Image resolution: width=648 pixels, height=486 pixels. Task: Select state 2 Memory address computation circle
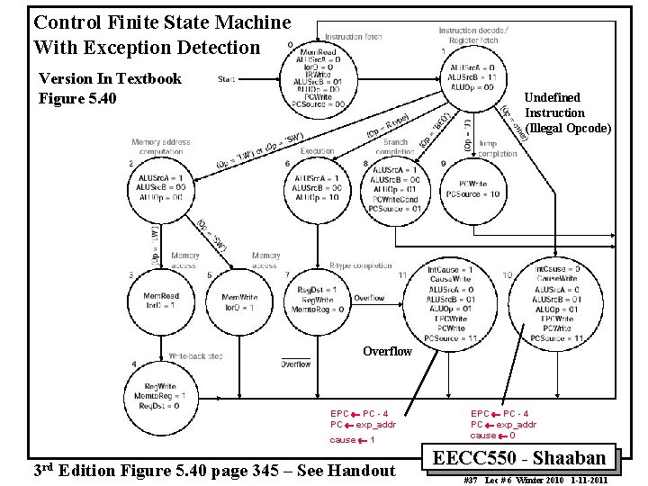(x=161, y=192)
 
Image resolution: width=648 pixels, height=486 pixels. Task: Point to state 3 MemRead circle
(x=161, y=301)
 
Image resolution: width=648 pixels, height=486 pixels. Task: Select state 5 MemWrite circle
(x=238, y=301)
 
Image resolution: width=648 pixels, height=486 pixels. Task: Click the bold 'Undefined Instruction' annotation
(x=567, y=112)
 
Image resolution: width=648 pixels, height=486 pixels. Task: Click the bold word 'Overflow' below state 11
(x=387, y=351)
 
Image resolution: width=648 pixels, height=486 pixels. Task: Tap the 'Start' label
(x=227, y=79)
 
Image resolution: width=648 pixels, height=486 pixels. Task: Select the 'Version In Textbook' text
(x=111, y=78)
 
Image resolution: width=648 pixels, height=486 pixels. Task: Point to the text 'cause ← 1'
(x=353, y=440)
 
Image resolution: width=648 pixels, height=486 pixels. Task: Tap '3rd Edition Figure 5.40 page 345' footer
(x=212, y=470)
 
